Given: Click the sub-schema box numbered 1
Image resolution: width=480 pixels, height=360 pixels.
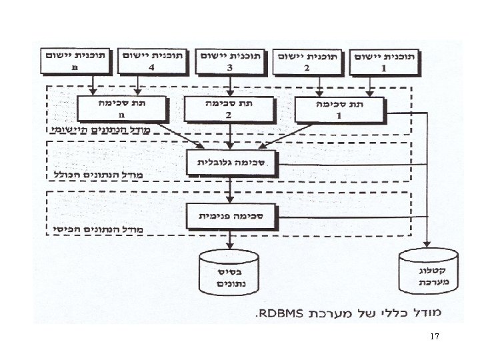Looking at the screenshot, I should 341,109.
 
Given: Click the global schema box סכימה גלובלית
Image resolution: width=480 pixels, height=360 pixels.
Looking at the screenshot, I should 231,161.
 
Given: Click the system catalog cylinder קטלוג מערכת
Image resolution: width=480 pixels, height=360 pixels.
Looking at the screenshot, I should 428,272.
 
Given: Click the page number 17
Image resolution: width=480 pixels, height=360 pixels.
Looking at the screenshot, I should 435,337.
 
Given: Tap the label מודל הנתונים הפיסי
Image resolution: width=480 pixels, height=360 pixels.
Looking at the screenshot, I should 100,229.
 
